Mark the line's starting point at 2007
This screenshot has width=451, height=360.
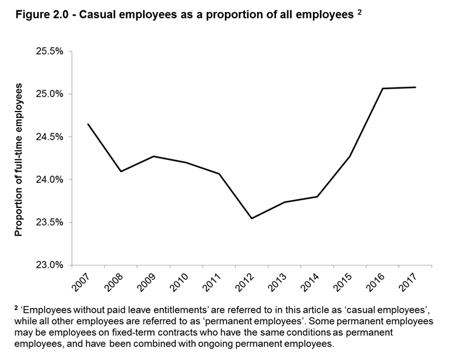(88, 124)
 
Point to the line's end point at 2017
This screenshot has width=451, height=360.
(415, 87)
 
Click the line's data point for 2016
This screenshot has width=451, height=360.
(383, 88)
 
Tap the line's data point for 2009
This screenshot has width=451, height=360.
(153, 156)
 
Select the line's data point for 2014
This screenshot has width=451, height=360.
(317, 196)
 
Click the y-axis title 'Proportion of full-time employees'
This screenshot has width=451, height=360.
(19, 159)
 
